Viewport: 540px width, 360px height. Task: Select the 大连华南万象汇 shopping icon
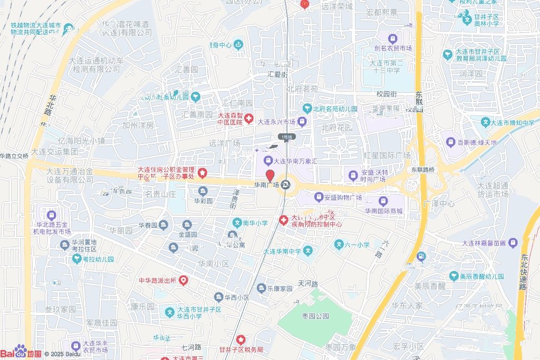point(267,160)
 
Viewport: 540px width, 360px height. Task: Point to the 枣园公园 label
point(315,316)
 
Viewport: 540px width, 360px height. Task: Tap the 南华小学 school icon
point(237,223)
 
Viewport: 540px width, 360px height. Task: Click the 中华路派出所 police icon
point(183,280)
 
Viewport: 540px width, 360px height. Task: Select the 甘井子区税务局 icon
point(241,339)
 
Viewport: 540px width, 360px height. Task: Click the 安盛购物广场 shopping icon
point(318,198)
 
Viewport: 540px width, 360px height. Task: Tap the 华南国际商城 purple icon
point(383,201)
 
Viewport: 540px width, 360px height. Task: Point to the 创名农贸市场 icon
point(393,38)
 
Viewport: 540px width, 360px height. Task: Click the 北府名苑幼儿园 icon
point(307,109)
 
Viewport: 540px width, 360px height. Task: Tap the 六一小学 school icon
point(339,245)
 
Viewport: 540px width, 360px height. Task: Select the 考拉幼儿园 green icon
point(78,259)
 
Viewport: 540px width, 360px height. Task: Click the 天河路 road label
point(308,284)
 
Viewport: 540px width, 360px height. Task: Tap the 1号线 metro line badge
point(287,137)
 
